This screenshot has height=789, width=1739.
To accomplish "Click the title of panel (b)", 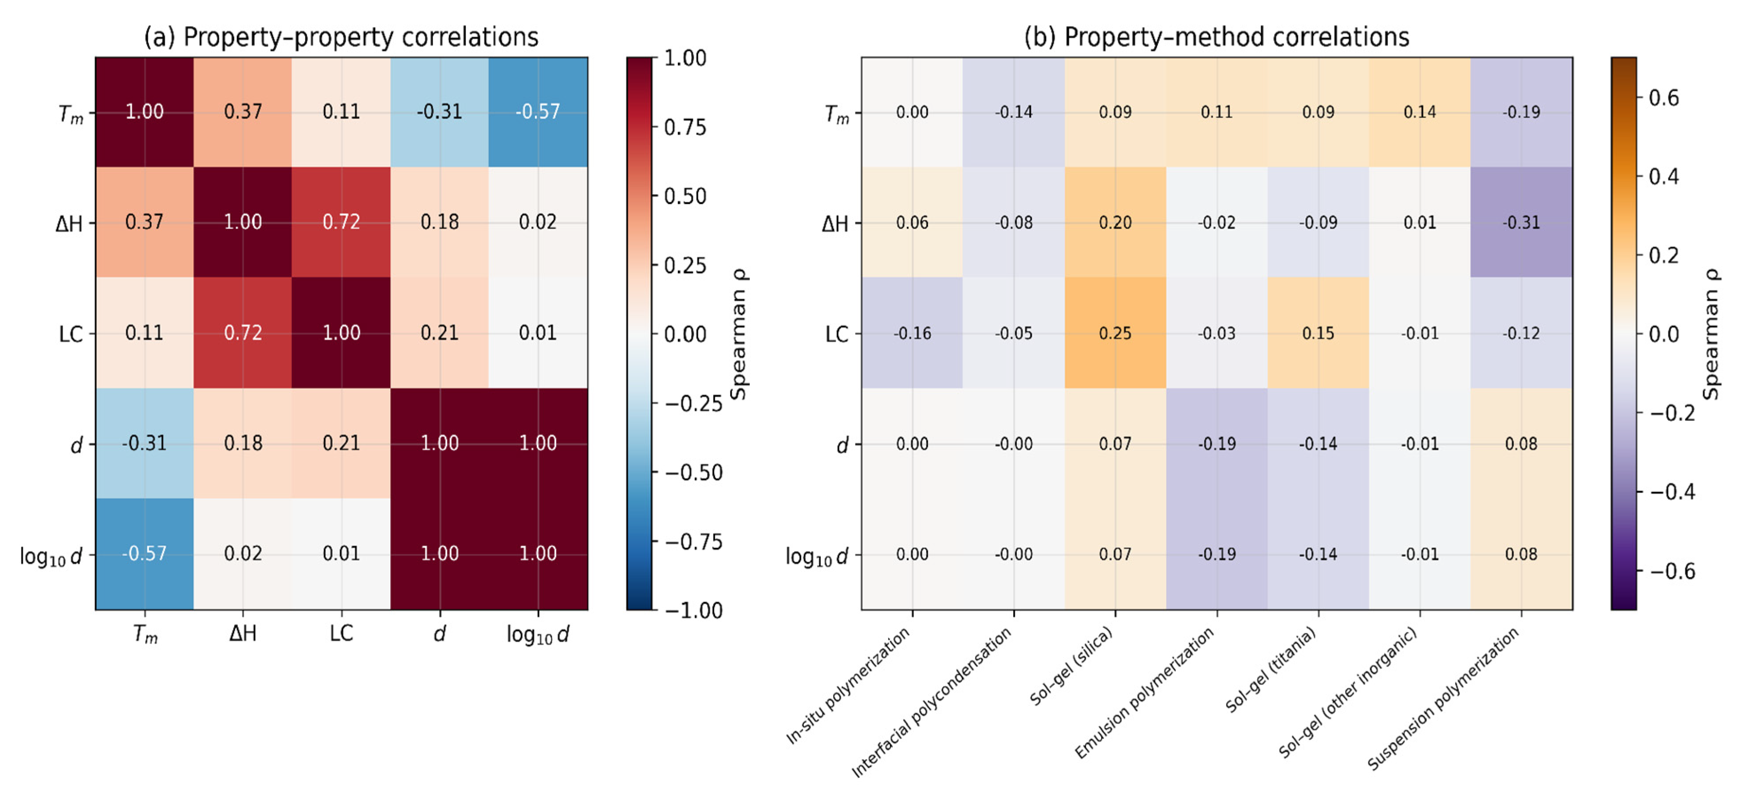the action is click(1216, 36).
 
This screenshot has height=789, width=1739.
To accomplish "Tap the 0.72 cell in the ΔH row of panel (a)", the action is click(341, 222).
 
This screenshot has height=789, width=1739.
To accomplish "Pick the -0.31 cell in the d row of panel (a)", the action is click(144, 444).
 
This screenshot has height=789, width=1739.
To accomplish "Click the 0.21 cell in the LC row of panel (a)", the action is click(440, 333).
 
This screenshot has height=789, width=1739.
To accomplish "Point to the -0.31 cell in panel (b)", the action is click(1521, 222).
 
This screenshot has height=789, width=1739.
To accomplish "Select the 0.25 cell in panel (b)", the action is click(1115, 333).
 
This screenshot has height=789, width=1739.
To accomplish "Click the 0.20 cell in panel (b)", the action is click(1115, 222).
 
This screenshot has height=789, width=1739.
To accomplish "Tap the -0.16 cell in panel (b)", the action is click(912, 333).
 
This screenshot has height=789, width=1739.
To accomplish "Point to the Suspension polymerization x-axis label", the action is click(1443, 698).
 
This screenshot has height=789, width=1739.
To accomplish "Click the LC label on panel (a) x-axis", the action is click(341, 633).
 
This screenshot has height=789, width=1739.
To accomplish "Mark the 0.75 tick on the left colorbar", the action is click(685, 127).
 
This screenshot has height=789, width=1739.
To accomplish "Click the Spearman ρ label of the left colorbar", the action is click(739, 334).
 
